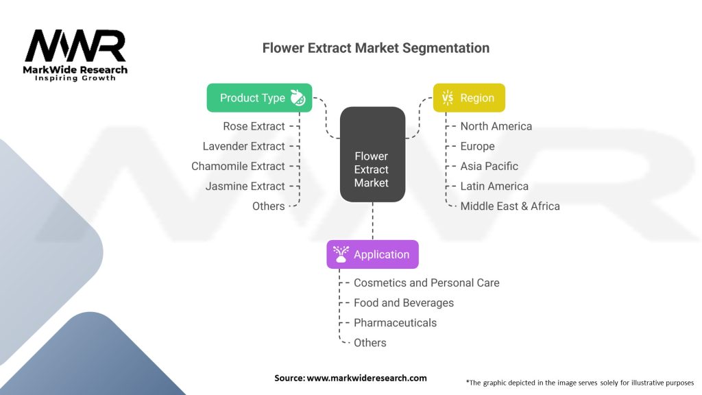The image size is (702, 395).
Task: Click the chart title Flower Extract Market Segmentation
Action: tap(376, 49)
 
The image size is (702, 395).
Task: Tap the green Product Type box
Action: tap(259, 98)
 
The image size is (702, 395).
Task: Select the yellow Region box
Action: tap(469, 98)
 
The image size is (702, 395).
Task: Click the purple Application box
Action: tap(372, 254)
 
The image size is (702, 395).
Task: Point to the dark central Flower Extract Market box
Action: tap(372, 154)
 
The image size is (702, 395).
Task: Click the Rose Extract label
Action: tap(254, 126)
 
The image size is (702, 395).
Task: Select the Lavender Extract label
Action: tap(243, 146)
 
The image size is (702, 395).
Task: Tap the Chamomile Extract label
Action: tap(238, 166)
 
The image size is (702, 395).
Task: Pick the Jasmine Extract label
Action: tap(245, 186)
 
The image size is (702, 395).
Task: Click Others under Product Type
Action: tap(269, 206)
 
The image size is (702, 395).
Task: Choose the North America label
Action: tap(496, 126)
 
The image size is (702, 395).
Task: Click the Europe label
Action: tap(477, 146)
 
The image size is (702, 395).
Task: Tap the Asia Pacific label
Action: tap(489, 166)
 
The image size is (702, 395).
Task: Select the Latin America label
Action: tap(494, 186)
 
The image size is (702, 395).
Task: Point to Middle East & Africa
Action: tap(510, 206)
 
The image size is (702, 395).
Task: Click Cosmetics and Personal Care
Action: tap(426, 283)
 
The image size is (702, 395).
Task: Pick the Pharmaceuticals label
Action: tap(395, 322)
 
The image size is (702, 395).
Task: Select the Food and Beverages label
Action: tap(404, 302)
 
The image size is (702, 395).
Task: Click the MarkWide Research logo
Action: tap(75, 55)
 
